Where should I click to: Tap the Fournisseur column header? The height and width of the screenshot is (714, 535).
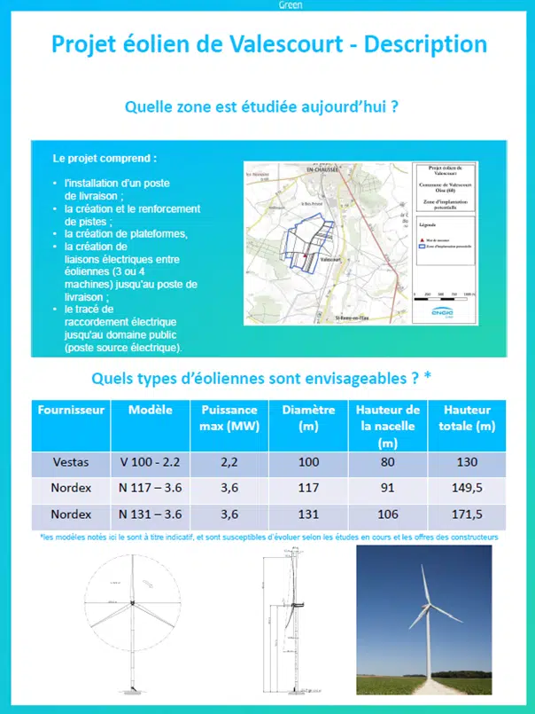point(71,411)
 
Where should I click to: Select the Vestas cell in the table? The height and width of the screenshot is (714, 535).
point(71,462)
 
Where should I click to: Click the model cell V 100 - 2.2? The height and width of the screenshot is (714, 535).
point(150,462)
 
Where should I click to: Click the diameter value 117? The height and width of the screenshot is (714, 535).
point(308,489)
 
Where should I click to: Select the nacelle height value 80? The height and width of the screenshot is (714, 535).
point(387,462)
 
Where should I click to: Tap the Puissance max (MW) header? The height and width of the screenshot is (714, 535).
point(229,418)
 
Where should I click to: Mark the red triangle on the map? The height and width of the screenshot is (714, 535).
point(304,256)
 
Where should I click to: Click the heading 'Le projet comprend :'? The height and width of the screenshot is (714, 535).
point(105,160)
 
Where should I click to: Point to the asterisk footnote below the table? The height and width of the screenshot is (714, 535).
point(269,537)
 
